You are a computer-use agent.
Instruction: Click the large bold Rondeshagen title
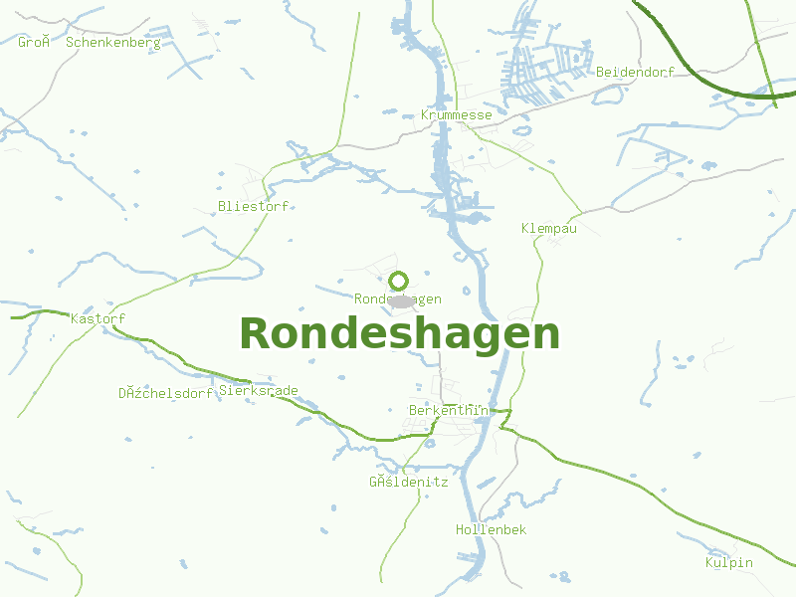tap(399, 334)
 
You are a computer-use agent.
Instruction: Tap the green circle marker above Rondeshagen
tap(399, 281)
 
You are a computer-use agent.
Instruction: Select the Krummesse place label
tap(457, 115)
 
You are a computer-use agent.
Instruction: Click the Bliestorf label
tap(253, 207)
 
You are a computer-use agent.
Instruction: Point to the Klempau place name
tap(549, 229)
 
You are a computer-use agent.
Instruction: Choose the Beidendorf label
tap(636, 73)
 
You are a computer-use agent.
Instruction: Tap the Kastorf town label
tap(99, 319)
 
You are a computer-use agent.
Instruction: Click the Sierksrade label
tap(259, 391)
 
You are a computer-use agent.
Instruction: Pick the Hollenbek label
tap(491, 530)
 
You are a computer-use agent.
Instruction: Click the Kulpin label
tap(729, 563)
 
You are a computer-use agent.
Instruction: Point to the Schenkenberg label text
tap(113, 43)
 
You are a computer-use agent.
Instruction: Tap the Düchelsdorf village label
tap(166, 393)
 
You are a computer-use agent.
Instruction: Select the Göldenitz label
tap(409, 483)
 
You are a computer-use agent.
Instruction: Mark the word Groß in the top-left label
tap(35, 43)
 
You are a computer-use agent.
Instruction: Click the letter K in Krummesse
tap(425, 115)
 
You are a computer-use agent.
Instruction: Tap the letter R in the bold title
tap(255, 334)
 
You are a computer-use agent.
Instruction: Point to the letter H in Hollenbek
tap(460, 530)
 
